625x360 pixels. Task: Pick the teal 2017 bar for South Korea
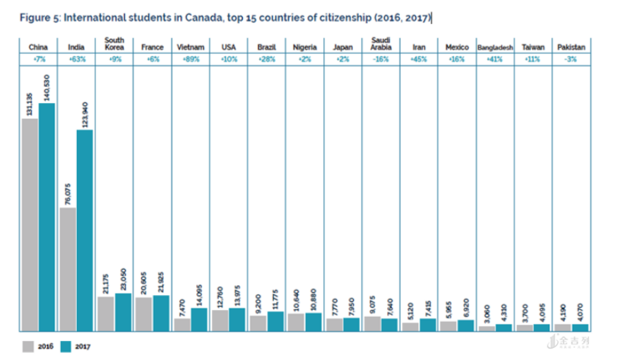(123, 311)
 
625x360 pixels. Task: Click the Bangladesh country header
(494, 47)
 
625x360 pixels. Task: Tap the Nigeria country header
(304, 47)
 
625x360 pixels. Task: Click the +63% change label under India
(76, 61)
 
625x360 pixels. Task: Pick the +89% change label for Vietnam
(190, 61)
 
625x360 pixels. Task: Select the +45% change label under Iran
(418, 61)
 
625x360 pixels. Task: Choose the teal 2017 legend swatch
(66, 346)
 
